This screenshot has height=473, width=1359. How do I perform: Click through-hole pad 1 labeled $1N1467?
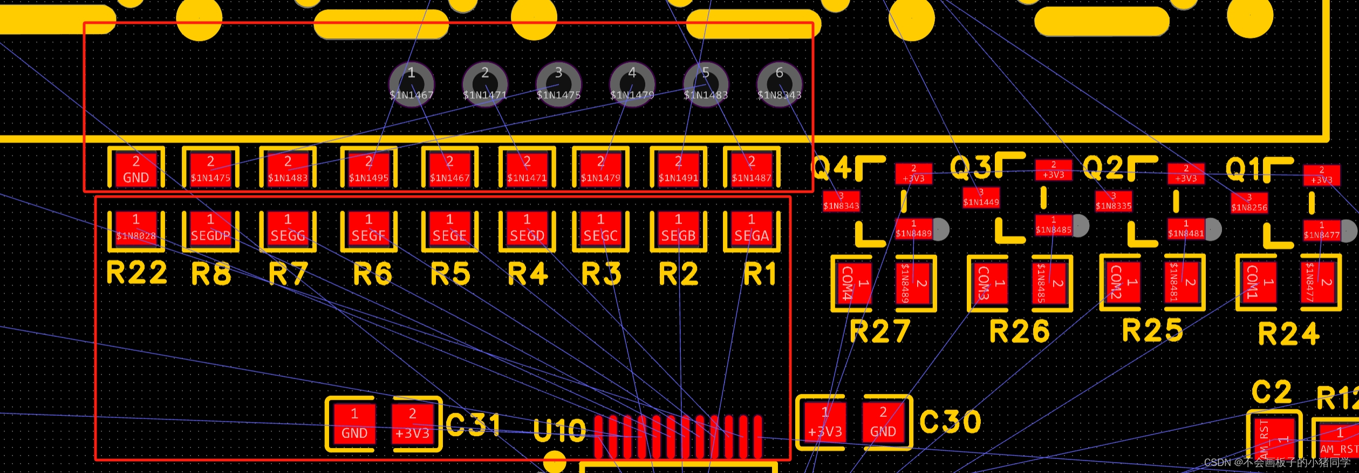pos(411,84)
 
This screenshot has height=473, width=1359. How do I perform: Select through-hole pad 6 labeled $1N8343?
pos(779,84)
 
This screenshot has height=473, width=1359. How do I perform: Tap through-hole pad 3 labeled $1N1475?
pos(558,84)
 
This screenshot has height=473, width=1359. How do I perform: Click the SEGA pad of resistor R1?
pos(752,229)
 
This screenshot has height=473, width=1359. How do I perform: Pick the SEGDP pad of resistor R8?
pos(210,229)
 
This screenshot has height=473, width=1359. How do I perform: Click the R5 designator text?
pos(450,273)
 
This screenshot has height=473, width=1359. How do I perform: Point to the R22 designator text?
pos(136,272)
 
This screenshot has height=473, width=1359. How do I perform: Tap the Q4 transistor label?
pos(831,168)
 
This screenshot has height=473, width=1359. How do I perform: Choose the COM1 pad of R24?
pos(1257,283)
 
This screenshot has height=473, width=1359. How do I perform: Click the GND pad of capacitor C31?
pos(354,424)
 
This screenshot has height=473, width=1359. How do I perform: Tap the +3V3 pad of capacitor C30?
pos(825,423)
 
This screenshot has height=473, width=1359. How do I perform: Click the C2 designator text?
pos(1271,392)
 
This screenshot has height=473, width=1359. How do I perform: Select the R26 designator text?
pos(1019,331)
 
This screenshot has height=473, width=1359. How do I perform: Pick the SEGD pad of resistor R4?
pos(527,229)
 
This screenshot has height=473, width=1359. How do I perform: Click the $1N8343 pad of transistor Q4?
pos(841,201)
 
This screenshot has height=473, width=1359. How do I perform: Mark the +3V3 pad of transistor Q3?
pos(1053,170)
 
